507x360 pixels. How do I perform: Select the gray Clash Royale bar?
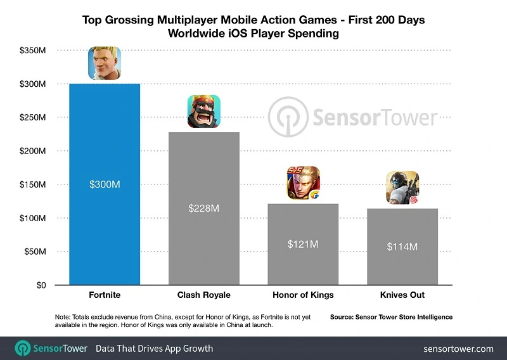(203, 241)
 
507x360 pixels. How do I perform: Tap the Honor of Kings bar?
(303, 266)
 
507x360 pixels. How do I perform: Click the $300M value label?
(105, 184)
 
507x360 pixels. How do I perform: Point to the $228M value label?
(203, 208)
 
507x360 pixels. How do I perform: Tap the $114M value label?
(402, 247)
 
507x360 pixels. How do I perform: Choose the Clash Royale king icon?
(203, 111)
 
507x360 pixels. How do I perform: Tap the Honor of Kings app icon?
(303, 183)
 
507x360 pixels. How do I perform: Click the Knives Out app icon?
(402, 188)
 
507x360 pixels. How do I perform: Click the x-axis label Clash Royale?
(203, 295)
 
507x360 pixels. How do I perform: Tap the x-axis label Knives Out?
(402, 295)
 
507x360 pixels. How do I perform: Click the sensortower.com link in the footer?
(458, 349)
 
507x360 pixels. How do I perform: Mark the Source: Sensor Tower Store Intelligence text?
(391, 316)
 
